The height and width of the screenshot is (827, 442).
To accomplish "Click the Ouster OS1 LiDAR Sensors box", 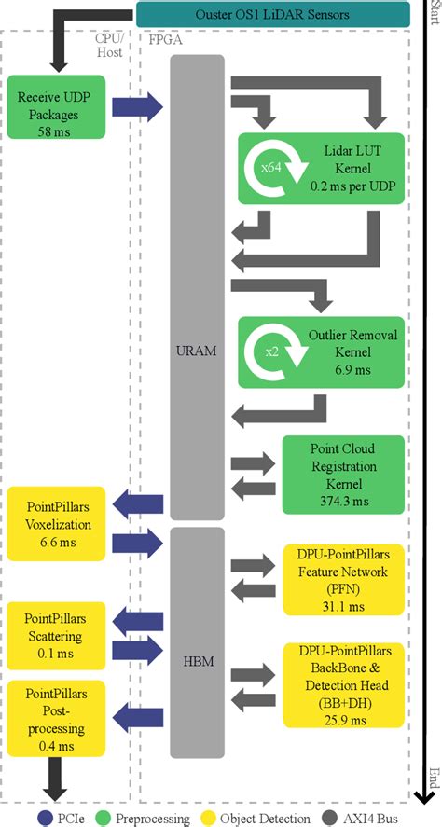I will coord(273,14).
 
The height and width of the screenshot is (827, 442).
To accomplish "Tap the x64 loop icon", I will coord(269,169).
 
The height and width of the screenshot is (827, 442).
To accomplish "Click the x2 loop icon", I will coord(269,352).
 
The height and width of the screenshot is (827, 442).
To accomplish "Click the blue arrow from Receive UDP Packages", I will coord(136,107).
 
